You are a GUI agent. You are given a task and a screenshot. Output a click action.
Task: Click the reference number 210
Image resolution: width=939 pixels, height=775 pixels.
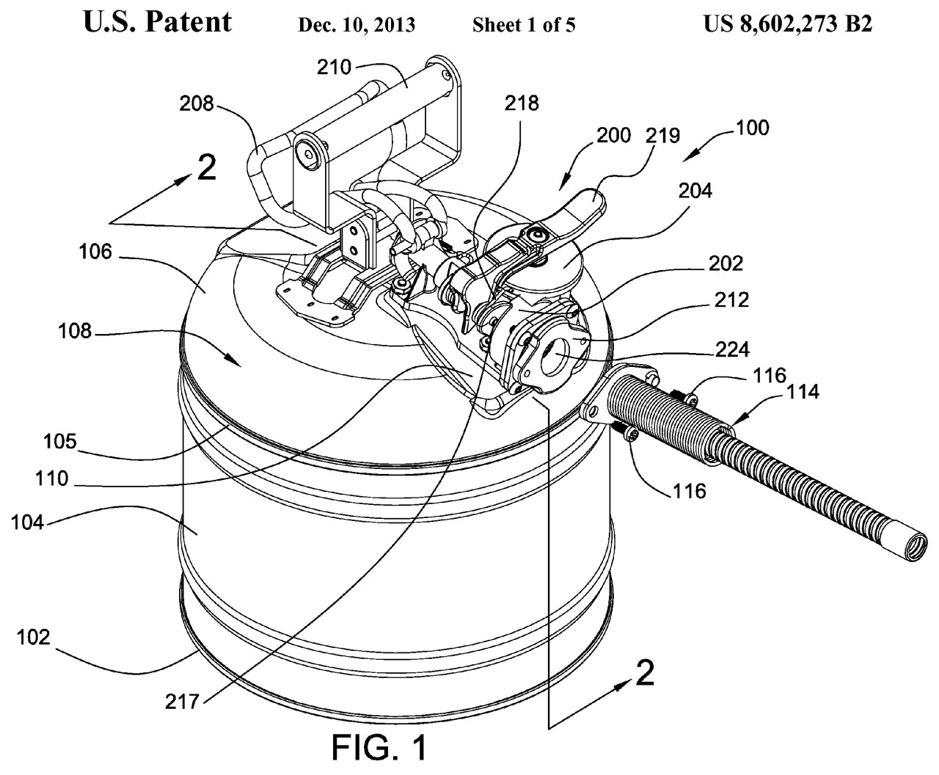pyautogui.click(x=335, y=68)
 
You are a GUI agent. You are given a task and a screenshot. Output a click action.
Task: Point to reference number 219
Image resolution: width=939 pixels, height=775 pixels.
pyautogui.click(x=664, y=136)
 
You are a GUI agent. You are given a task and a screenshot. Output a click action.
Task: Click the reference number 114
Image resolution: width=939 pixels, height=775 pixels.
pyautogui.click(x=803, y=393)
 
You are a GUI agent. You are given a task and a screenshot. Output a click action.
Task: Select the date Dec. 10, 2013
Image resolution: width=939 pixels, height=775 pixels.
pyautogui.click(x=357, y=26)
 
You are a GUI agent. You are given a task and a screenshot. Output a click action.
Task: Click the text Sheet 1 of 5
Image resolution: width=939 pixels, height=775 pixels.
pyautogui.click(x=524, y=26)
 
